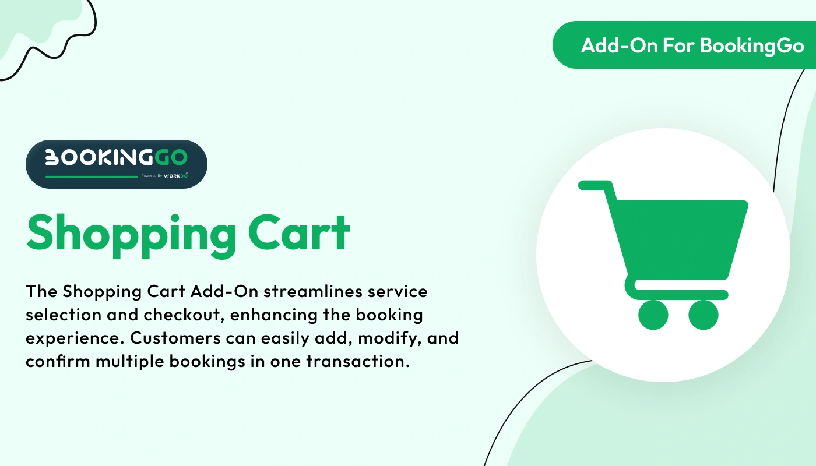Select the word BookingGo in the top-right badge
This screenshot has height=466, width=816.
tap(752, 45)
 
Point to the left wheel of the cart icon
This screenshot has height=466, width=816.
tap(653, 315)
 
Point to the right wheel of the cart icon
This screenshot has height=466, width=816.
tap(704, 315)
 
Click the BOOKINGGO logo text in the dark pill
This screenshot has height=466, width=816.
tap(116, 157)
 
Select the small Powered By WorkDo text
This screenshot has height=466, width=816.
tap(164, 175)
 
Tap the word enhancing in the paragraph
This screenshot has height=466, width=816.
tap(273, 315)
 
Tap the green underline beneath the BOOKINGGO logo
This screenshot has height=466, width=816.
tap(91, 176)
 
